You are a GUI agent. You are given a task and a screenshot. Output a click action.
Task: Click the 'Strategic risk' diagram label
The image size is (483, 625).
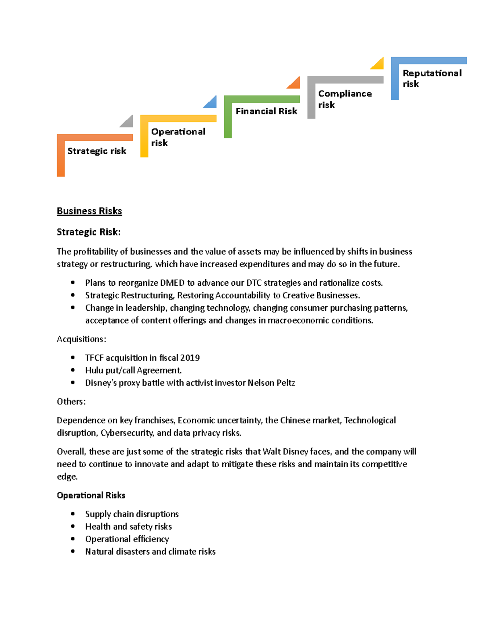tap(97, 151)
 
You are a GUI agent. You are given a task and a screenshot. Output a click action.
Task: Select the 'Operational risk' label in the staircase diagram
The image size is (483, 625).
tap(178, 137)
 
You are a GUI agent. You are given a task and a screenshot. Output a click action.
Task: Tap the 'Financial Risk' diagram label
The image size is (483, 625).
tap(266, 111)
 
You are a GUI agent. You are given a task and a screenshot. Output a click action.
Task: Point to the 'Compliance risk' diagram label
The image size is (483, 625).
tap(345, 99)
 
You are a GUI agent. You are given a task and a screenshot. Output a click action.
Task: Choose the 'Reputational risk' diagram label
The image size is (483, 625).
tap(432, 78)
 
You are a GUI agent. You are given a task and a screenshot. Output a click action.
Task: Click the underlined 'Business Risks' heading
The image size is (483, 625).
tap(89, 211)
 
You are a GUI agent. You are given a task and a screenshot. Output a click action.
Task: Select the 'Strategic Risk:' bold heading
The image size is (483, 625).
tap(89, 232)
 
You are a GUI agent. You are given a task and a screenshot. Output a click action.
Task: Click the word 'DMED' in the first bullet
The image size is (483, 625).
tap(172, 283)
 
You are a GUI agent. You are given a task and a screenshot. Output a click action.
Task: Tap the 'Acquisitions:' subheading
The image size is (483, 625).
tap(81, 339)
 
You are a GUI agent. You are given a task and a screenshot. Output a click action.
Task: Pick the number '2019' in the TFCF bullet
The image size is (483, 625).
tap(190, 358)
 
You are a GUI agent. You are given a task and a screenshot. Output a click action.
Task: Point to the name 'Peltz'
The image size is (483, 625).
tap(285, 383)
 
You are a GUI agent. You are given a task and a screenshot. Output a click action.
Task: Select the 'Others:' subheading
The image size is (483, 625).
tap(71, 401)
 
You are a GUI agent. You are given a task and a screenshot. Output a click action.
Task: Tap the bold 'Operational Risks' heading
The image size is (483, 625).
tap(91, 495)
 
